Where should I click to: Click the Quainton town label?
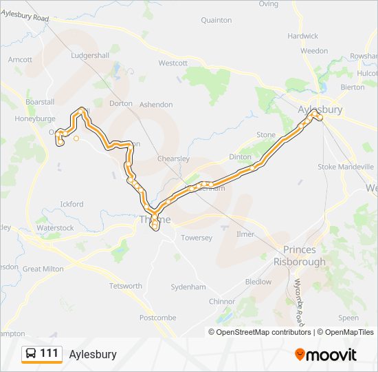216,21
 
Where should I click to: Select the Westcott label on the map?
173,63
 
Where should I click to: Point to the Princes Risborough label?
295,256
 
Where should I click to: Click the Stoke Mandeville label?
345,167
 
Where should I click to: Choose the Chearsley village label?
173,158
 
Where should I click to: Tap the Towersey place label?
197,238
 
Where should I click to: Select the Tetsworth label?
126,286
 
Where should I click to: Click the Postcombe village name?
157,318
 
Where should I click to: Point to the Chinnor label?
222,302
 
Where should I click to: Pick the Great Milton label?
43,269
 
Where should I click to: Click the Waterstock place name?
55,228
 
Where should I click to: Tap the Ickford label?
71,204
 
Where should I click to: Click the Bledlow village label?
258,282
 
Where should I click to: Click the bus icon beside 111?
31,353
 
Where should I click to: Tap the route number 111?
49,353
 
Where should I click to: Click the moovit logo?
326,355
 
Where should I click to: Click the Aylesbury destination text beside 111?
93,354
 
